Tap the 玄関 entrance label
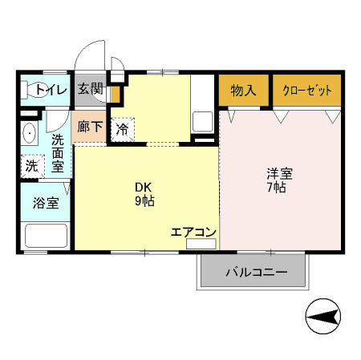coord(90,89)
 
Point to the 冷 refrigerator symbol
coord(124,128)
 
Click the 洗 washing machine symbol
coord(30,167)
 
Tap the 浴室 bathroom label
coord(46,202)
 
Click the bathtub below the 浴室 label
coord(46,236)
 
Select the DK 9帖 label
coord(144,195)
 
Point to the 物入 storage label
coord(243,91)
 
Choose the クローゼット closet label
coord(306,91)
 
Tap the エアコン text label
coord(193,232)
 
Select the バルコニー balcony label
coord(255,273)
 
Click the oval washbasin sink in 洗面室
coord(30,132)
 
